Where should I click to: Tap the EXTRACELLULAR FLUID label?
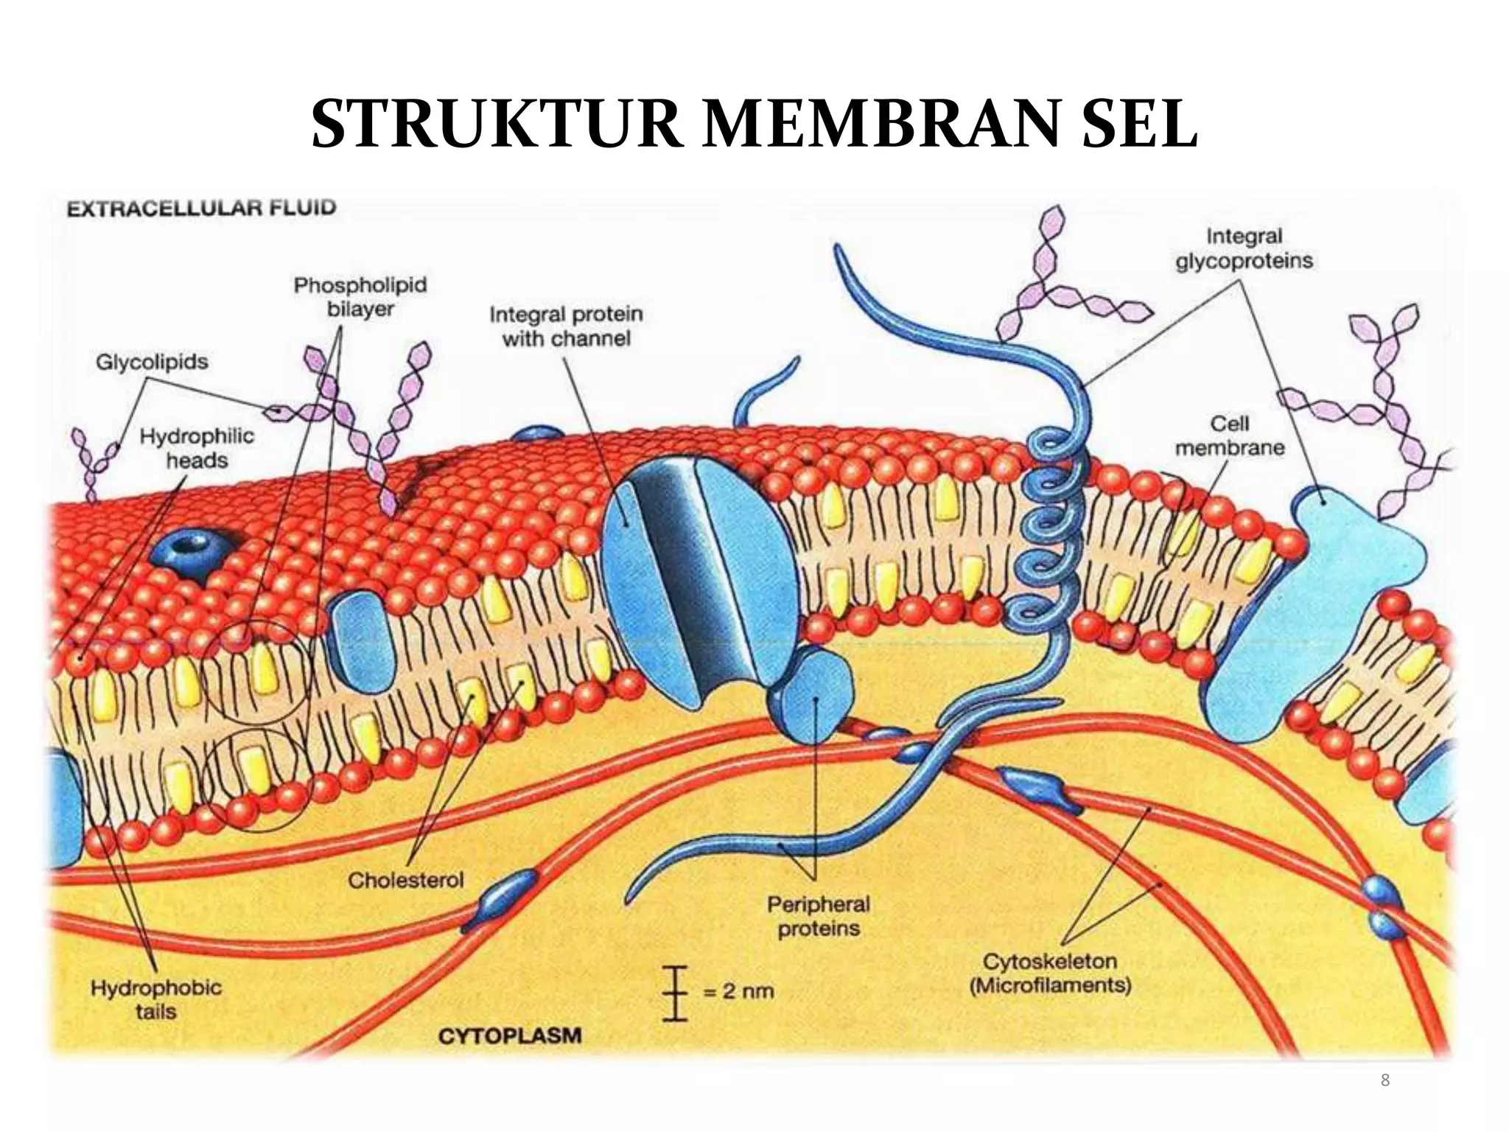pyautogui.click(x=201, y=208)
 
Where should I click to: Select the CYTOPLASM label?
pyautogui.click(x=510, y=1036)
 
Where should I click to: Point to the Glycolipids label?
pyautogui.click(x=152, y=362)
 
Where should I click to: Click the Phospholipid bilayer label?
pyautogui.click(x=360, y=296)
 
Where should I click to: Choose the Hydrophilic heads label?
pyautogui.click(x=197, y=448)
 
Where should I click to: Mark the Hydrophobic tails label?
pyautogui.click(x=156, y=999)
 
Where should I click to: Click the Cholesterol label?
pyautogui.click(x=406, y=880)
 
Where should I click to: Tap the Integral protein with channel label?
pyautogui.click(x=566, y=326)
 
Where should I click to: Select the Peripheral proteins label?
pyautogui.click(x=819, y=916)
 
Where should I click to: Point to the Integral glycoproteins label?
pyautogui.click(x=1244, y=248)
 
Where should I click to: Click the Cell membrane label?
pyautogui.click(x=1230, y=436)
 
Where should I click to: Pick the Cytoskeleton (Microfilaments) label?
pyautogui.click(x=1050, y=973)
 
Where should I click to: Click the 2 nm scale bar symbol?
pyautogui.click(x=674, y=992)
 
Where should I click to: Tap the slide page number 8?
pyautogui.click(x=1385, y=1080)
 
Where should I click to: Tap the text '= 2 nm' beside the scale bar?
pyautogui.click(x=738, y=990)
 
